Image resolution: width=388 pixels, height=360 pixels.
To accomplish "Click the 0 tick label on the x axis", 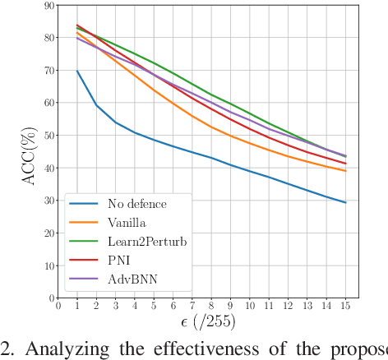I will coord(58,307).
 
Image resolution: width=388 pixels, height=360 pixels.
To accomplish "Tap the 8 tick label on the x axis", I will coord(212,307).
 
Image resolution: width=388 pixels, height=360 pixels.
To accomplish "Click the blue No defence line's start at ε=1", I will coord(77,71).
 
